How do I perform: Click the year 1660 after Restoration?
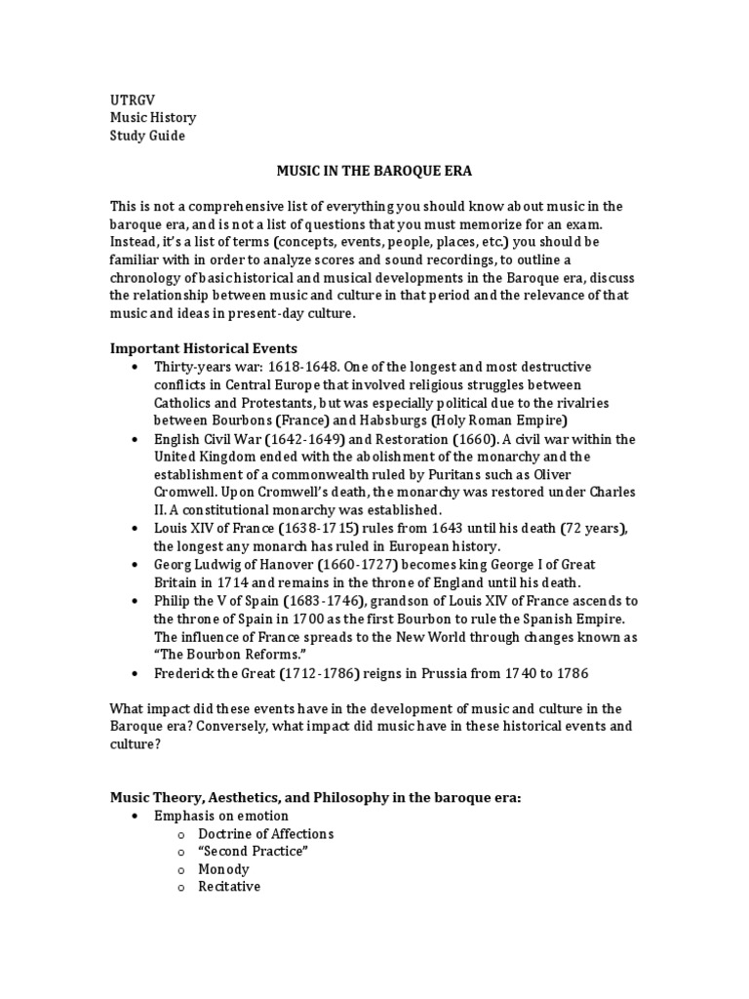422,439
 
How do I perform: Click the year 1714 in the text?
221,582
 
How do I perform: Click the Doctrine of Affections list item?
265,834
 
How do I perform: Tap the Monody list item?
223,869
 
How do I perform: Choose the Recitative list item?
229,887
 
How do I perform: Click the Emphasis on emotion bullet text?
221,816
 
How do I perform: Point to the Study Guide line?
146,136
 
